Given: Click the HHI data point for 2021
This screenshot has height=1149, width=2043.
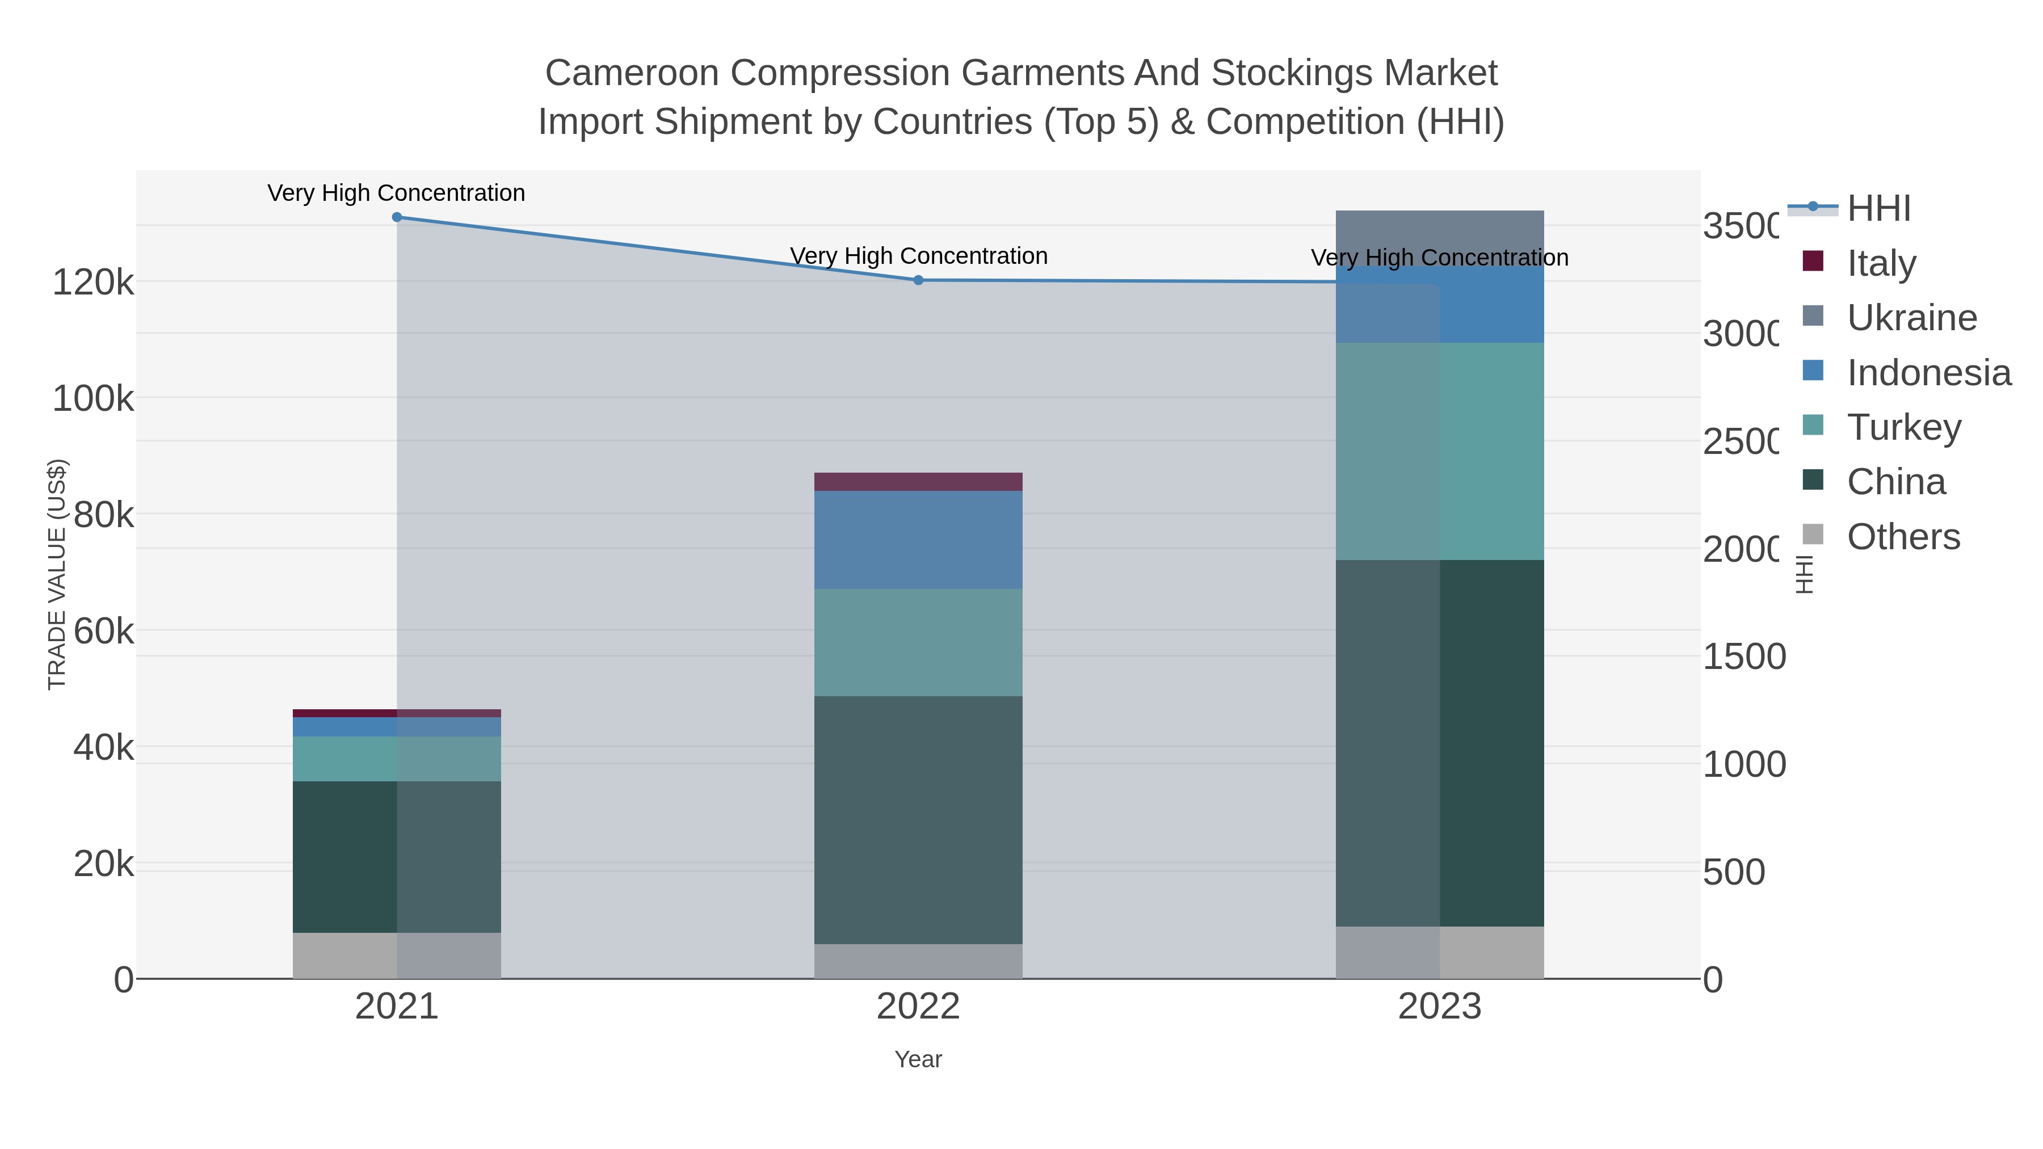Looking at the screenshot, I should (397, 217).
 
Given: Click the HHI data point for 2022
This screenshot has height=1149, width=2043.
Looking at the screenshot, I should (918, 280).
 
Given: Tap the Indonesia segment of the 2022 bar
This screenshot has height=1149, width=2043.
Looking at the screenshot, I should (918, 540).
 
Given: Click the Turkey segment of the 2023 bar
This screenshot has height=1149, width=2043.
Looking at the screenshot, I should (1439, 452).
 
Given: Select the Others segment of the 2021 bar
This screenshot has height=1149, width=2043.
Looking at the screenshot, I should (397, 956).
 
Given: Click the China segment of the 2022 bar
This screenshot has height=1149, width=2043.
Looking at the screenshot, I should (918, 820).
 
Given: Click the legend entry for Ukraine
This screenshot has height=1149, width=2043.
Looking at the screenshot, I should (1911, 318).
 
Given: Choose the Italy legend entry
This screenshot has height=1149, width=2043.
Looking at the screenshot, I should (1881, 263).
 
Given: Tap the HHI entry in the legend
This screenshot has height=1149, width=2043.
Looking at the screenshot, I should (1878, 209).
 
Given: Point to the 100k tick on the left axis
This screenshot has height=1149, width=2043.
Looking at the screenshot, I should (94, 399).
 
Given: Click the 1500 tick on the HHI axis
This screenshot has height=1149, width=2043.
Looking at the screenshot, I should (1743, 656).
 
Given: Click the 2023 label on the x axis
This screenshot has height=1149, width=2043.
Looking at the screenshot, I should (1439, 1007).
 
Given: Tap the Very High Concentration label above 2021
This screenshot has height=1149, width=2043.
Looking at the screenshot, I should (397, 193).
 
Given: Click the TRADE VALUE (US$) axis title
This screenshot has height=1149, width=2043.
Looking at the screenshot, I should (57, 574).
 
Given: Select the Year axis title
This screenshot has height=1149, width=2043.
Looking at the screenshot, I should (918, 1059).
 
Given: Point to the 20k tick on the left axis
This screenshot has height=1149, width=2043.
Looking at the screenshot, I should (103, 864).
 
